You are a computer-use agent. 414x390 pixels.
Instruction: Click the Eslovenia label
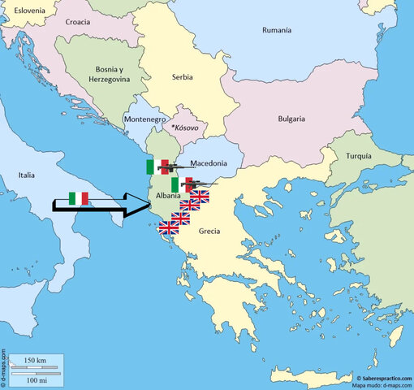pos(24,11)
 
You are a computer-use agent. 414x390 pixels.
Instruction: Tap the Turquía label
pos(357,154)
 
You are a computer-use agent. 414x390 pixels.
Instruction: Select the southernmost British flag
pos(169,228)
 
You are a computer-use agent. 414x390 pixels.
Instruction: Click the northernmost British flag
pos(200,197)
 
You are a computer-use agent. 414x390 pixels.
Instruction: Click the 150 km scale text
pos(35,360)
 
